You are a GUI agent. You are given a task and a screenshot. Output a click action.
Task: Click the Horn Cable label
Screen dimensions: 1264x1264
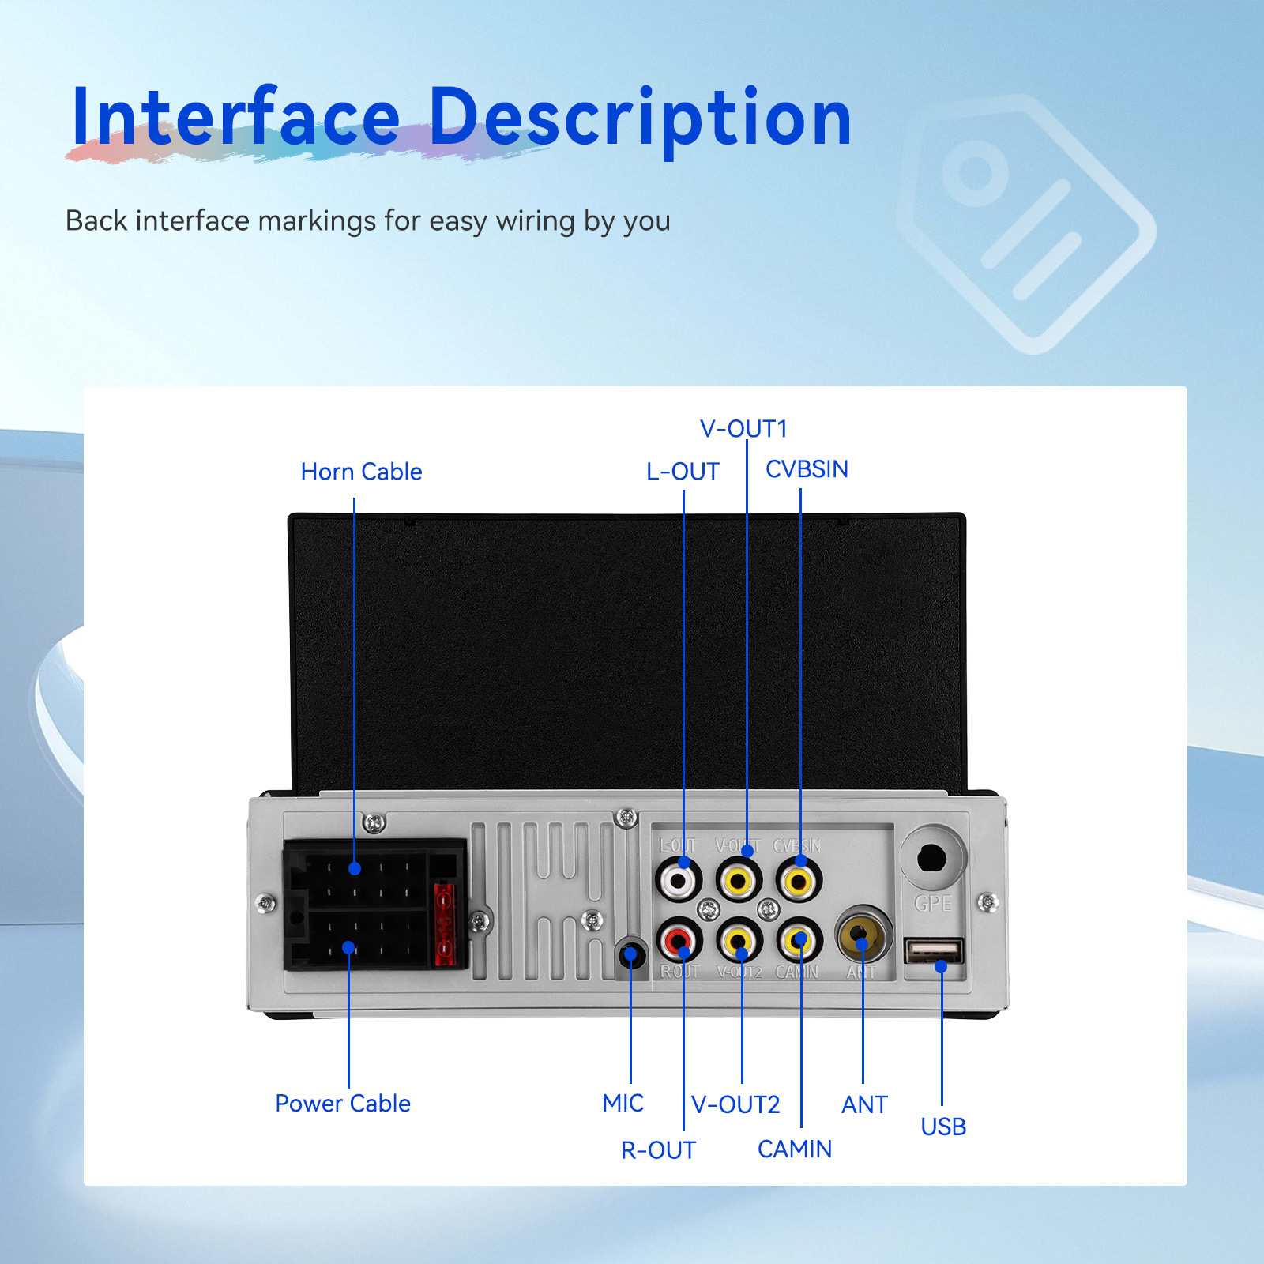(361, 472)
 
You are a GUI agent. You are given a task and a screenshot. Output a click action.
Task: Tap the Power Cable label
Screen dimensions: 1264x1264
(342, 1103)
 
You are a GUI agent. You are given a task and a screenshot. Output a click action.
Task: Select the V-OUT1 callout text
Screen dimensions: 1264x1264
(743, 429)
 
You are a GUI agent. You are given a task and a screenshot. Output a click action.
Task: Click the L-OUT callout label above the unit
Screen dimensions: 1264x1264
(683, 472)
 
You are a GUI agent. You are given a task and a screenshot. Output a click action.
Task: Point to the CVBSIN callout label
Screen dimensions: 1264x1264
(807, 469)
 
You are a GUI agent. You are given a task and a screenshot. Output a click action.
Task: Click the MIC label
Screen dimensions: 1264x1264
(623, 1103)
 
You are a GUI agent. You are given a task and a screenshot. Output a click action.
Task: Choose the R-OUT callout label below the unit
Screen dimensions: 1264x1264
(658, 1150)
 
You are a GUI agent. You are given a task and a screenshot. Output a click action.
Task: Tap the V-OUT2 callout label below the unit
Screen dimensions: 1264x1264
(735, 1104)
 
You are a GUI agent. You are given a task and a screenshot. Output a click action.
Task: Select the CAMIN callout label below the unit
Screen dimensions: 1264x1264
(794, 1149)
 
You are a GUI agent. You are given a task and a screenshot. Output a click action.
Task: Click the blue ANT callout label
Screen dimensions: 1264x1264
(864, 1104)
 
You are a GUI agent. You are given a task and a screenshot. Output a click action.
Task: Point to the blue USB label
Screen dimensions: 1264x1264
(943, 1127)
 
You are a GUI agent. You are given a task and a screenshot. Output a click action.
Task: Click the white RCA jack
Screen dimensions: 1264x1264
(678, 879)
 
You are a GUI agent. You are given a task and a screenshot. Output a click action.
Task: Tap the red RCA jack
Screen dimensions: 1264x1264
(678, 940)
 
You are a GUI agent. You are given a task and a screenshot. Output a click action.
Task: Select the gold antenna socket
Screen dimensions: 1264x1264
(863, 935)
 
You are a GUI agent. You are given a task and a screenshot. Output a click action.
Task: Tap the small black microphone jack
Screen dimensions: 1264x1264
(630, 956)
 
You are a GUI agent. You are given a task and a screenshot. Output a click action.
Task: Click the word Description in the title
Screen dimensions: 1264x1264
(640, 118)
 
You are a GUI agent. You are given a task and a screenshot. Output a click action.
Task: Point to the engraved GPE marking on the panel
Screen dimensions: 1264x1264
(932, 904)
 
